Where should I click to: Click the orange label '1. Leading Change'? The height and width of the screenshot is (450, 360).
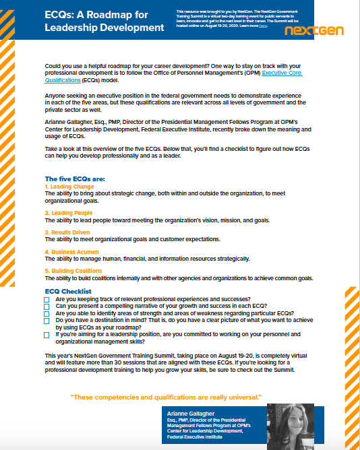(69, 187)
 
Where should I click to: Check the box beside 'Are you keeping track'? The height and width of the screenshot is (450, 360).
(47, 299)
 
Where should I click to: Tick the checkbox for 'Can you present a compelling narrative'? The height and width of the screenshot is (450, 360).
(47, 307)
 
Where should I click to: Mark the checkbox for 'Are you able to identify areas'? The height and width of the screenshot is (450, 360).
(47, 314)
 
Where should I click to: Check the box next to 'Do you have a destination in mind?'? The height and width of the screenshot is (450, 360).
(47, 321)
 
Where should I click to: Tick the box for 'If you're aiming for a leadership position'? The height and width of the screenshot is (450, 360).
(47, 334)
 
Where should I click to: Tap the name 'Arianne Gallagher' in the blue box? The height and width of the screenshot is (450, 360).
(192, 412)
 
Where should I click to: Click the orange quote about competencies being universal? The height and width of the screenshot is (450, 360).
(166, 395)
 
